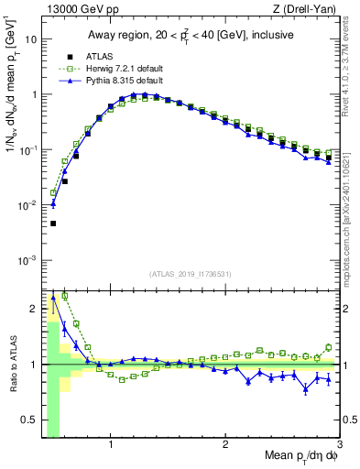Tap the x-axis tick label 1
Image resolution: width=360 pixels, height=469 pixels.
[x=111, y=446]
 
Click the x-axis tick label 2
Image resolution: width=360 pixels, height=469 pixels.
[x=225, y=446]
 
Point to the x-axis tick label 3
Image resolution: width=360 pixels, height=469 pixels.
[x=339, y=446]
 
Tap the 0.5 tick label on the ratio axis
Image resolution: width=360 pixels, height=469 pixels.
[x=29, y=420]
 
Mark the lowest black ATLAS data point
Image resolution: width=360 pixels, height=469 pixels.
[x=53, y=223]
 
